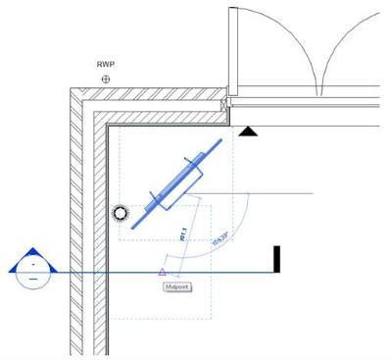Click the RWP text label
point(106,65)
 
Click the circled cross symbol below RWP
point(106,78)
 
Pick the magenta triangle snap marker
point(163,271)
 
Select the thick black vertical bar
point(277,259)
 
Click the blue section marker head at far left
point(33,265)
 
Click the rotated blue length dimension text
point(182,235)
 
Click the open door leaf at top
point(231,49)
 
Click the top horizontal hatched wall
point(157,102)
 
